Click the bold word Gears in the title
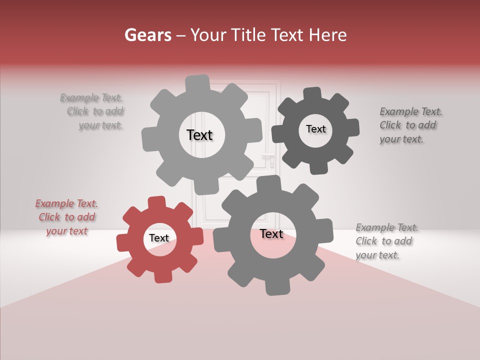point(147,35)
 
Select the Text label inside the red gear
point(159,238)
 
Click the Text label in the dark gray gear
point(315,129)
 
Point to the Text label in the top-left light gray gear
point(199,135)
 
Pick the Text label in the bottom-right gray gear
point(271,234)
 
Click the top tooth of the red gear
point(156,202)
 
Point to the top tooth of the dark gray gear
point(312,93)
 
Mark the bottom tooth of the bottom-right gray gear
point(274,287)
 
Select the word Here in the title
point(328,35)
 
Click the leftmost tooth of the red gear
point(122,242)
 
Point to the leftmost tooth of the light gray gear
point(148,139)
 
